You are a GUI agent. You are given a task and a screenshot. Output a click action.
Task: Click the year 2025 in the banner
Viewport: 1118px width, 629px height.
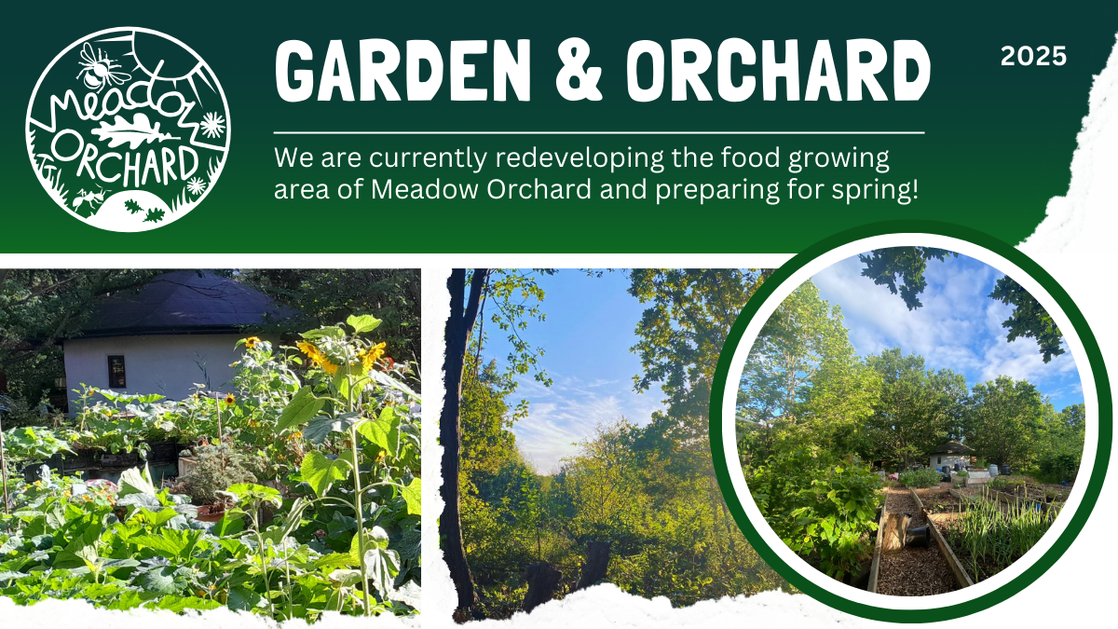pyautogui.click(x=1033, y=56)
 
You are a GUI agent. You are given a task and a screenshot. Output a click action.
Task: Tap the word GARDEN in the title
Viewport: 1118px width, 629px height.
pyautogui.click(x=402, y=71)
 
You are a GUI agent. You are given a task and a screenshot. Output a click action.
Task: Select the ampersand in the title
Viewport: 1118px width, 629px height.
pyautogui.click(x=579, y=71)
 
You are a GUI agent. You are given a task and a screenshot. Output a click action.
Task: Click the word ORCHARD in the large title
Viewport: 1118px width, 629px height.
pyautogui.click(x=779, y=71)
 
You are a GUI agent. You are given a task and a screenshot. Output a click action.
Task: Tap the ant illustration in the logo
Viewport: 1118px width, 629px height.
pyautogui.click(x=89, y=199)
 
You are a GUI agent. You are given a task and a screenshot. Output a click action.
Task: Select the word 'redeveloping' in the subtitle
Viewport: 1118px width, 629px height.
pyautogui.click(x=579, y=158)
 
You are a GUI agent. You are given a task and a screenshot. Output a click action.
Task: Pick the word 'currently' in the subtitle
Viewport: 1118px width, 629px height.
pyautogui.click(x=429, y=158)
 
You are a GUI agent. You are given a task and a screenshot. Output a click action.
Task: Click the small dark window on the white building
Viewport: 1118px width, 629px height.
pyautogui.click(x=116, y=372)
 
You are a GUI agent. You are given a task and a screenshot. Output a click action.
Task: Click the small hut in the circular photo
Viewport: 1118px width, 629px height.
pyautogui.click(x=951, y=455)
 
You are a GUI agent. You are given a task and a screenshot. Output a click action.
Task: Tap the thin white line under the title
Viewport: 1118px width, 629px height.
pyautogui.click(x=599, y=133)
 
